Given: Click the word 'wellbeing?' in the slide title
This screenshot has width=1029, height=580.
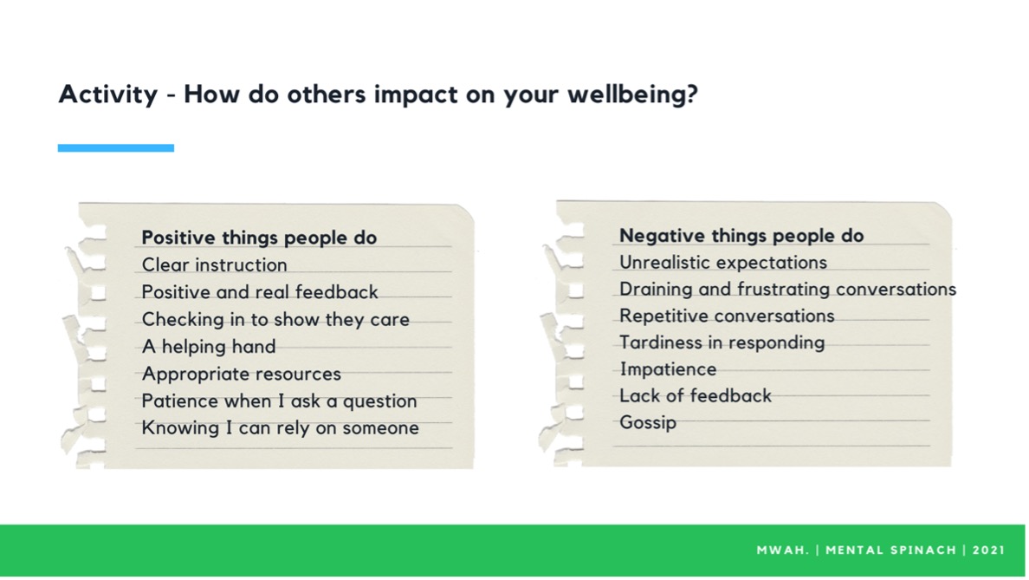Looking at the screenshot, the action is point(632,94).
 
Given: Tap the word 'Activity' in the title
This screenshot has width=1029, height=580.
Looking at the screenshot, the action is point(108,94).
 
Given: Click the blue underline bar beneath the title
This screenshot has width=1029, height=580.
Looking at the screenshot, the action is point(115,148).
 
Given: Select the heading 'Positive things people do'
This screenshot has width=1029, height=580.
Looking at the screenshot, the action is point(259,238).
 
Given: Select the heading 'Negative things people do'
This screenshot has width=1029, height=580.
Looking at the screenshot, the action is point(741,235).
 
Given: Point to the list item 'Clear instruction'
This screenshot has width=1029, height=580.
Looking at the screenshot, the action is point(215,264).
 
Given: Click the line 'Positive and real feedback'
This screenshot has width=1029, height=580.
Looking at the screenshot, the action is point(260,292).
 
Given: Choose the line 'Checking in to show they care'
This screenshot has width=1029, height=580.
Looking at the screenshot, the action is point(275,319).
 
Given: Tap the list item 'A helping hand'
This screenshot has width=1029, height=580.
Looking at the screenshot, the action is point(209,346).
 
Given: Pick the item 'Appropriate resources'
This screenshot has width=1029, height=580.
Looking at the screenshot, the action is point(242,374).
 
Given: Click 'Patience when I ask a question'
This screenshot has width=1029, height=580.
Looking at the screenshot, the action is point(280,401).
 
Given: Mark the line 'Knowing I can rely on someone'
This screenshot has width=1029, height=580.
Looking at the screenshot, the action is point(281,427).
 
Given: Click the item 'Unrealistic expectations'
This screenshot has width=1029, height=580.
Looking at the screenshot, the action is point(723,262).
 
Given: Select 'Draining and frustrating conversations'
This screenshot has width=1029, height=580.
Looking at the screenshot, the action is point(787,289).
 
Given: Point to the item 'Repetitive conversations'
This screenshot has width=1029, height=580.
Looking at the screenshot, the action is point(727,316).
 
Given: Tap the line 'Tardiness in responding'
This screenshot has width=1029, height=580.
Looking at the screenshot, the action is point(722,342).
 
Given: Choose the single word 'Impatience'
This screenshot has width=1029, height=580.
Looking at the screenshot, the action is point(668,369).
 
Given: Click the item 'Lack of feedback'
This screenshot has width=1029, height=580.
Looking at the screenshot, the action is point(696,395).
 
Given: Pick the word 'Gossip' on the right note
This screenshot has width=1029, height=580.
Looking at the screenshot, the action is point(648,422).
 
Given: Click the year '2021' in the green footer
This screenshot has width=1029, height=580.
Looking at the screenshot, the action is point(989,550).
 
